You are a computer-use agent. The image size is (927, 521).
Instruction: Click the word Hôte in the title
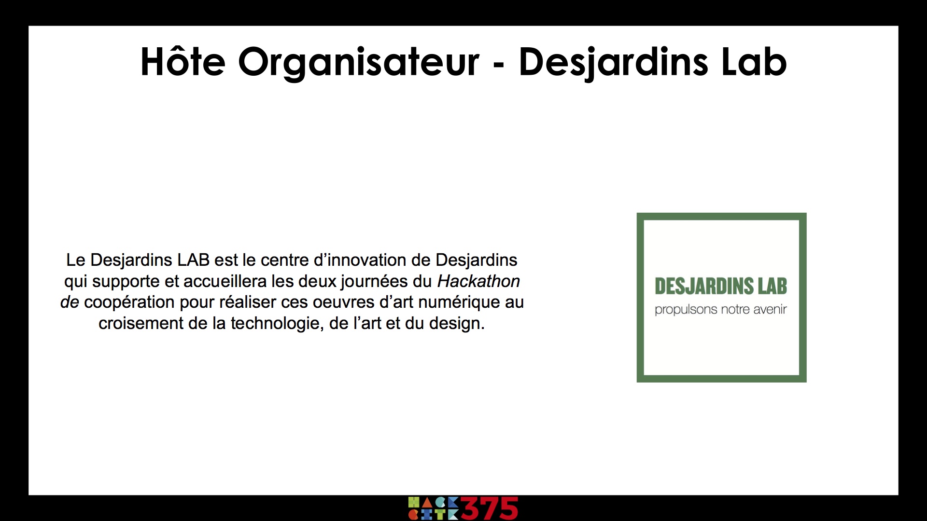183,62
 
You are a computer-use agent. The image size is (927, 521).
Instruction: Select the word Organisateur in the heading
359,63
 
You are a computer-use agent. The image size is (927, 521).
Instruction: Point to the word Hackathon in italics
478,281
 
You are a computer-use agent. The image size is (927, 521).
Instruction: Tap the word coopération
129,303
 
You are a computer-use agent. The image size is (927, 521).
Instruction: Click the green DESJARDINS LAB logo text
721,286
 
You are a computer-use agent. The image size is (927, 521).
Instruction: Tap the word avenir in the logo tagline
770,309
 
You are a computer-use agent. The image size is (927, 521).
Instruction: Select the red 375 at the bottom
490,508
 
